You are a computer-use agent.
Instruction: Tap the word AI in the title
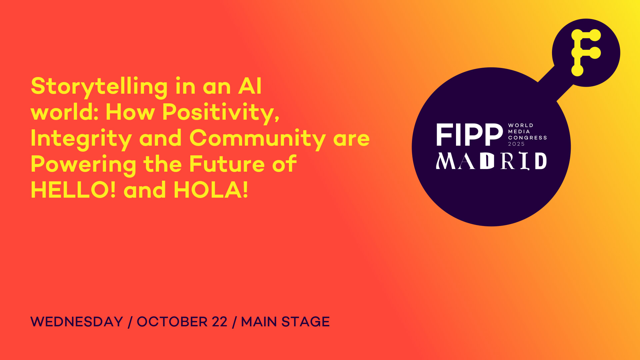(250, 86)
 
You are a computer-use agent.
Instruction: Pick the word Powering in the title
(83, 165)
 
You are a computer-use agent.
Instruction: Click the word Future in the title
(227, 164)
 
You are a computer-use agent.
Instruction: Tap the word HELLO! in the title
(73, 190)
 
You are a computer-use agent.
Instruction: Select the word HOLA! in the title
(211, 190)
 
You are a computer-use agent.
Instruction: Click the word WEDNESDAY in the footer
(77, 322)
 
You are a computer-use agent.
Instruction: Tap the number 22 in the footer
(220, 322)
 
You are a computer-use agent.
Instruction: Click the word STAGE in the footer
(306, 322)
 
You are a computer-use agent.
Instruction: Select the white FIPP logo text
(469, 135)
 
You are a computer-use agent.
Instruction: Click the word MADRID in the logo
(491, 161)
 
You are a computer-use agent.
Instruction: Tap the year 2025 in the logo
(516, 144)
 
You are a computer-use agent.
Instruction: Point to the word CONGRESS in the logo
(527, 138)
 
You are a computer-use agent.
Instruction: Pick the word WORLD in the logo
(521, 125)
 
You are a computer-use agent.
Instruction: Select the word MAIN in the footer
(259, 322)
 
